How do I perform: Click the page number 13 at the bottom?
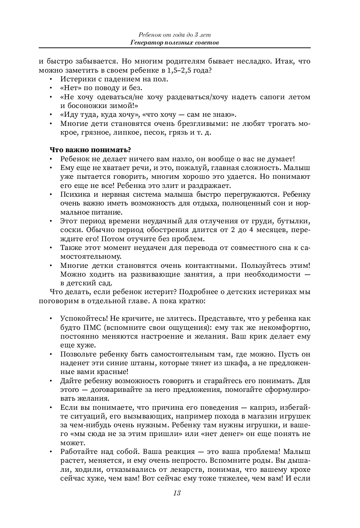(x=176, y=493)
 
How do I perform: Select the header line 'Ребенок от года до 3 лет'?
(x=175, y=35)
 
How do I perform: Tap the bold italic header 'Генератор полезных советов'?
(x=175, y=43)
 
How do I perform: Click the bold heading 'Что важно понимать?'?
(x=90, y=150)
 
